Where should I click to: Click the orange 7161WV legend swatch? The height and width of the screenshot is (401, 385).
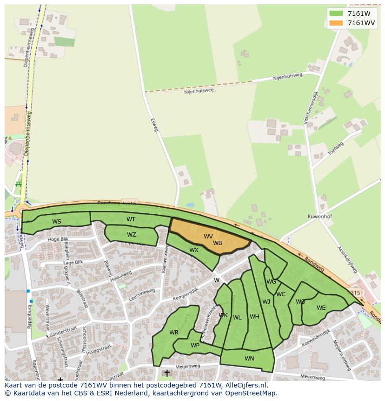(x=336, y=23)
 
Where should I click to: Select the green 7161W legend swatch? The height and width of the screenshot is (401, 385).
(x=336, y=14)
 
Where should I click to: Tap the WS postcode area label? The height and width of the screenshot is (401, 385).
(x=57, y=222)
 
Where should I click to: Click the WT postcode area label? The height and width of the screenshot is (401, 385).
(x=131, y=219)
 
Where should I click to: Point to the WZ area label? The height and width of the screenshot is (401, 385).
(x=132, y=235)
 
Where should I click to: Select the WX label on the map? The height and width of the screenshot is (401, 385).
(x=194, y=250)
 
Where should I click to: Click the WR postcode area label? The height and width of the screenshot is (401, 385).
(x=174, y=333)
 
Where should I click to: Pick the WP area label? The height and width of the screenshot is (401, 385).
(x=195, y=346)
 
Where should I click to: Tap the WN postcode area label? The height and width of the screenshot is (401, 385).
(x=249, y=358)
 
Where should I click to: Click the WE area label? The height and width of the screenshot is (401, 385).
(x=321, y=308)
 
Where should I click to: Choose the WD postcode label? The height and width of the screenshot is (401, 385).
(x=300, y=302)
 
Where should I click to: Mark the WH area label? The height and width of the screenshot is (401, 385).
(x=254, y=317)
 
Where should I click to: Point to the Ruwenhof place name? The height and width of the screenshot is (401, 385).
(x=319, y=217)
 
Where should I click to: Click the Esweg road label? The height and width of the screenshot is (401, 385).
(x=154, y=124)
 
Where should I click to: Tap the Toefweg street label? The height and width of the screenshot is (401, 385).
(x=335, y=148)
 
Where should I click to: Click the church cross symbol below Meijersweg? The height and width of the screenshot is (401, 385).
(x=167, y=374)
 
